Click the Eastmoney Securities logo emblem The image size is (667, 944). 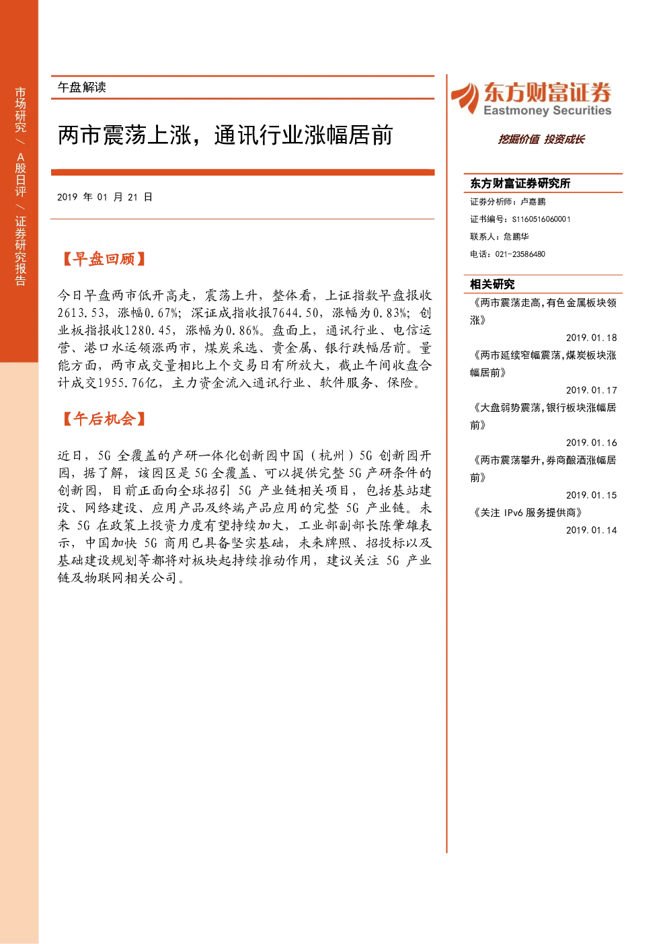[465, 98]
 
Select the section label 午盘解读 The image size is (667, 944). [81, 87]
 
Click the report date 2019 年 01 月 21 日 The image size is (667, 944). [104, 197]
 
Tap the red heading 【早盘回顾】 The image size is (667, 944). [104, 259]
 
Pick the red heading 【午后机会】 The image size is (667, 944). [104, 419]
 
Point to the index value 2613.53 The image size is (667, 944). [81, 313]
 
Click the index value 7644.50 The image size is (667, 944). [295, 313]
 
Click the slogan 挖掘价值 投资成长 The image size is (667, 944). [541, 139]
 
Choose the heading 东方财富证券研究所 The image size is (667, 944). [520, 183]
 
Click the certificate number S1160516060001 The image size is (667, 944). [541, 219]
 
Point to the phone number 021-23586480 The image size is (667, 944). [520, 254]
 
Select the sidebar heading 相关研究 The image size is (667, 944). [492, 285]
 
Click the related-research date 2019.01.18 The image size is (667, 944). [591, 338]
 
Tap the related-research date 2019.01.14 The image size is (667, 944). [591, 530]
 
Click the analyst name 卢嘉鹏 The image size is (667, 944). [533, 202]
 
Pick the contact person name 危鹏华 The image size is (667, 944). [516, 236]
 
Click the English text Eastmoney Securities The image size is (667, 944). [547, 110]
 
